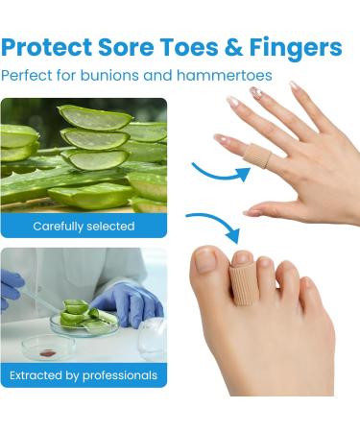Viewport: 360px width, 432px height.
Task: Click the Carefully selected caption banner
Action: (x=84, y=227)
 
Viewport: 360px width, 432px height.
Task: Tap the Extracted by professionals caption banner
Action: (x=84, y=375)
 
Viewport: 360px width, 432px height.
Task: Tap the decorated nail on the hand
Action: (x=256, y=93)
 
